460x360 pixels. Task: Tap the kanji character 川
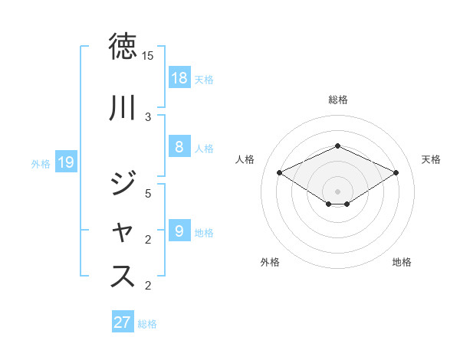pos(124,108)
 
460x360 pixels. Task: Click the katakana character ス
pos(124,276)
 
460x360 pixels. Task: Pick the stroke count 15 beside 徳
pos(148,56)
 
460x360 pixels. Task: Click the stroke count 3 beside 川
pos(148,117)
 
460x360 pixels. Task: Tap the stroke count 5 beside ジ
pos(148,194)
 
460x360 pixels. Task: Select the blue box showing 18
pos(179,78)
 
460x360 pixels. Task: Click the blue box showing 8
pos(179,147)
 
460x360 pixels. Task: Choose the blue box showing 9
pos(179,231)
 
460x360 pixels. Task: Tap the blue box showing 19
pos(66,162)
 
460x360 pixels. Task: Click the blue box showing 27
pos(123,322)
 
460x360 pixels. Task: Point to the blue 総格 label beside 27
pos(147,324)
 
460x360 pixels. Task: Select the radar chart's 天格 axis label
pos(431,159)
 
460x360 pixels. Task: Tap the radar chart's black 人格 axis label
pos(245,159)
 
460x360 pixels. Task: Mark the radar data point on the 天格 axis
pos(396,172)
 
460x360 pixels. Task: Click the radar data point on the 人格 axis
pos(280,172)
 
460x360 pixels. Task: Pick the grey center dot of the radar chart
pos(337,191)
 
